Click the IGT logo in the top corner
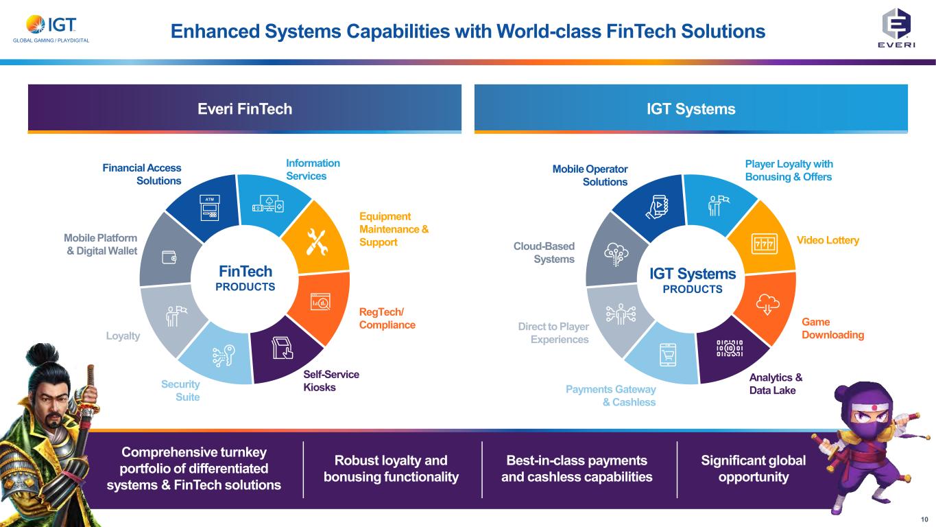pos(51,25)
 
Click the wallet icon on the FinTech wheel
pos(167,257)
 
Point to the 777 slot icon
pos(763,243)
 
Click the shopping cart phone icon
pos(668,355)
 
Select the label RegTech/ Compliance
pos(387,318)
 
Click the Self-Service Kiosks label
pos(331,381)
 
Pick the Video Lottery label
pos(828,240)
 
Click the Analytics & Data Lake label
pos(776,384)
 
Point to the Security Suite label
pos(180,390)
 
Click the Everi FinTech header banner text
pos(245,108)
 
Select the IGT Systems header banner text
pos(691,108)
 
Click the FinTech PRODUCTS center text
pos(245,278)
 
